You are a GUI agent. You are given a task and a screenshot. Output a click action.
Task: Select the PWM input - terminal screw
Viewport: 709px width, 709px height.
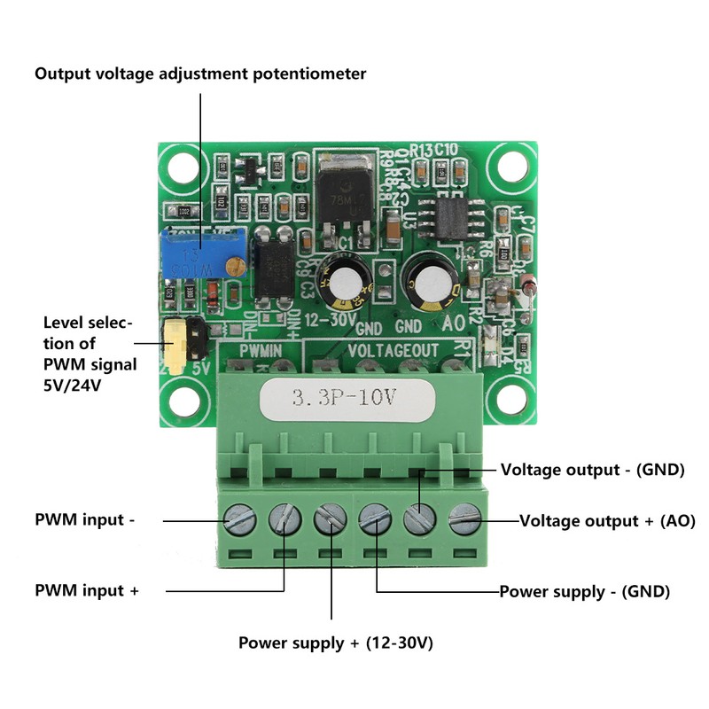tap(239, 518)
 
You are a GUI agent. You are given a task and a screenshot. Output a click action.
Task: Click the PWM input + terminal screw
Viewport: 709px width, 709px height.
tap(284, 518)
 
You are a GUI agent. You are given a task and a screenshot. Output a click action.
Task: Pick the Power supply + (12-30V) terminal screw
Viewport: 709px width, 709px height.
tap(331, 518)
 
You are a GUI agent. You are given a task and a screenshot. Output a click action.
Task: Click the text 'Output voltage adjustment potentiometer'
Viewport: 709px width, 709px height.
tap(200, 74)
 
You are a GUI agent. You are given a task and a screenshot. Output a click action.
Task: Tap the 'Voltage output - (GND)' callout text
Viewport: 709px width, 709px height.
tap(592, 470)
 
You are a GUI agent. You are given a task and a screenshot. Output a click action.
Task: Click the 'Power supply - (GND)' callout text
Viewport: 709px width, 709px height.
tap(584, 590)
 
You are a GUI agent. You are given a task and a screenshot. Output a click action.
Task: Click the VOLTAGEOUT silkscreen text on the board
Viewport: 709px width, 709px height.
tap(392, 351)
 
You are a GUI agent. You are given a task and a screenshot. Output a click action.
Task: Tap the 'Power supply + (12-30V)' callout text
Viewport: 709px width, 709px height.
tap(335, 643)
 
